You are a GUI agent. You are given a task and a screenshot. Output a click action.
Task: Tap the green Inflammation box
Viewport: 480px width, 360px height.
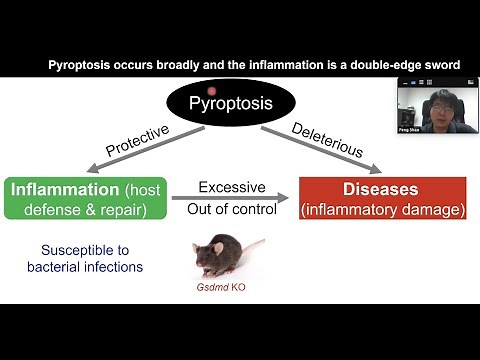(x=85, y=198)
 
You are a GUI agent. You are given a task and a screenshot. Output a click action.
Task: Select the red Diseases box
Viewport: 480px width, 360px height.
(x=383, y=198)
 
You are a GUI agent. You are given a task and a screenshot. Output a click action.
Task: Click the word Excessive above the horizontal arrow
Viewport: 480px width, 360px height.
(x=231, y=187)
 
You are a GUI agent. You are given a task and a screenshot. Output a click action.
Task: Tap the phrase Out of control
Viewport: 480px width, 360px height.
(x=231, y=209)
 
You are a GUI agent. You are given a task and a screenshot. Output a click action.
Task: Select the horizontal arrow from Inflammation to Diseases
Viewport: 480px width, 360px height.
(x=231, y=198)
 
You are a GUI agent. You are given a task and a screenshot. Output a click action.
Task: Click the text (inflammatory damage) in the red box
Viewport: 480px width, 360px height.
(x=383, y=210)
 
